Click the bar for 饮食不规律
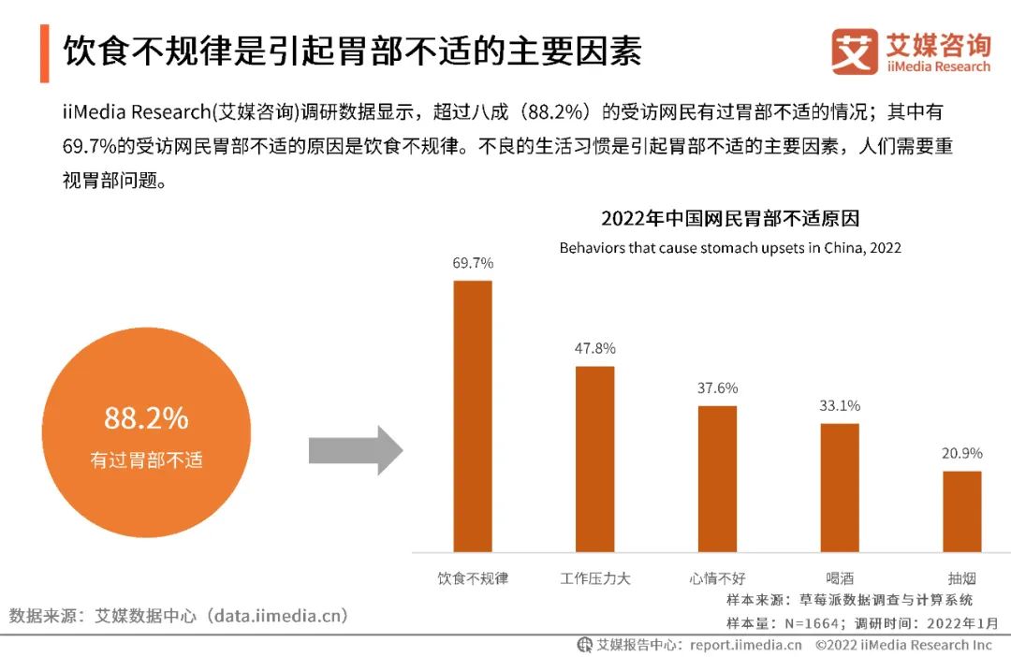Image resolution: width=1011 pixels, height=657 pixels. (473, 416)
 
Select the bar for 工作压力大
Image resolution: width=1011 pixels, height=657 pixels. (594, 459)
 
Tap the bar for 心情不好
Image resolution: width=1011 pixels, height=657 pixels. (717, 478)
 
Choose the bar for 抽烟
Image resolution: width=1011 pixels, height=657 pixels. (961, 511)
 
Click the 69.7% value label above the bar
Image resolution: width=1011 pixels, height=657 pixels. (473, 263)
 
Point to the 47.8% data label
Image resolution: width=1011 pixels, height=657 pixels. (594, 348)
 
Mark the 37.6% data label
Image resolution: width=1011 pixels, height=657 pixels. (717, 387)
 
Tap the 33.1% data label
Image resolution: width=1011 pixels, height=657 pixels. (840, 405)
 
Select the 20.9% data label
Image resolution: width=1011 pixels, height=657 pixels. (961, 453)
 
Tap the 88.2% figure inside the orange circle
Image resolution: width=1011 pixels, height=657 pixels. (146, 418)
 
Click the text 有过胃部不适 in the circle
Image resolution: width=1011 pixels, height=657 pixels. (146, 460)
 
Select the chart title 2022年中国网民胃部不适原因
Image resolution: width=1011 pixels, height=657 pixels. (730, 219)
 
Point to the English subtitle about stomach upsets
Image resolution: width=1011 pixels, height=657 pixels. (730, 248)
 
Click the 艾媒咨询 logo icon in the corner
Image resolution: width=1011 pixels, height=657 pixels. (854, 51)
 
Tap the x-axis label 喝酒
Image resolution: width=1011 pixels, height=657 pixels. (840, 578)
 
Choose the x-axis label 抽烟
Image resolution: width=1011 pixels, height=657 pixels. (961, 578)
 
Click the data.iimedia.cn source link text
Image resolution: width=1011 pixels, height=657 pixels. (279, 616)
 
